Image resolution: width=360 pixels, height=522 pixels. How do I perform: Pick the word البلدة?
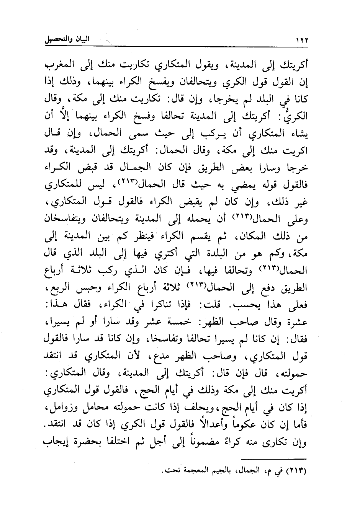(209, 253)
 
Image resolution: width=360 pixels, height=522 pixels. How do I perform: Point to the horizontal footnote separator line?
(275, 459)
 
